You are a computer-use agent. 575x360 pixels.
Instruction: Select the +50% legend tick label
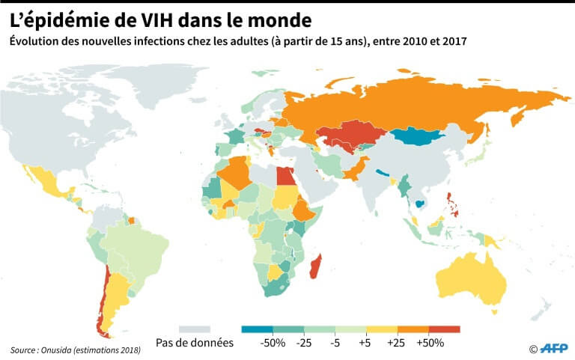(430, 343)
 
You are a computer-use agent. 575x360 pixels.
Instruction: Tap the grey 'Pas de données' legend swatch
(195, 329)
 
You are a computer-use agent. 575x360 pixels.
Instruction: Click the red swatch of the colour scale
(445, 329)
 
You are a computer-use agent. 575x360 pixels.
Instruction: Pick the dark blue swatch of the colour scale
(258, 329)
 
